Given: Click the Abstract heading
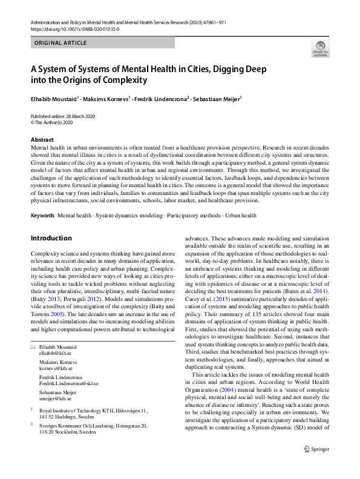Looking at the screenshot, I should tap(42, 139).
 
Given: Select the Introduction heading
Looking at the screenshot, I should tap(51, 238).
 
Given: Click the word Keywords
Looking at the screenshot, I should tap(42, 215).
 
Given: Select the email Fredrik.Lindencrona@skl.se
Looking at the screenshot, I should tap(69, 383).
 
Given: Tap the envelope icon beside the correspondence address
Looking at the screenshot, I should tap(33, 346).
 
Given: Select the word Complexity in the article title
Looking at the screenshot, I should tap(122, 79).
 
